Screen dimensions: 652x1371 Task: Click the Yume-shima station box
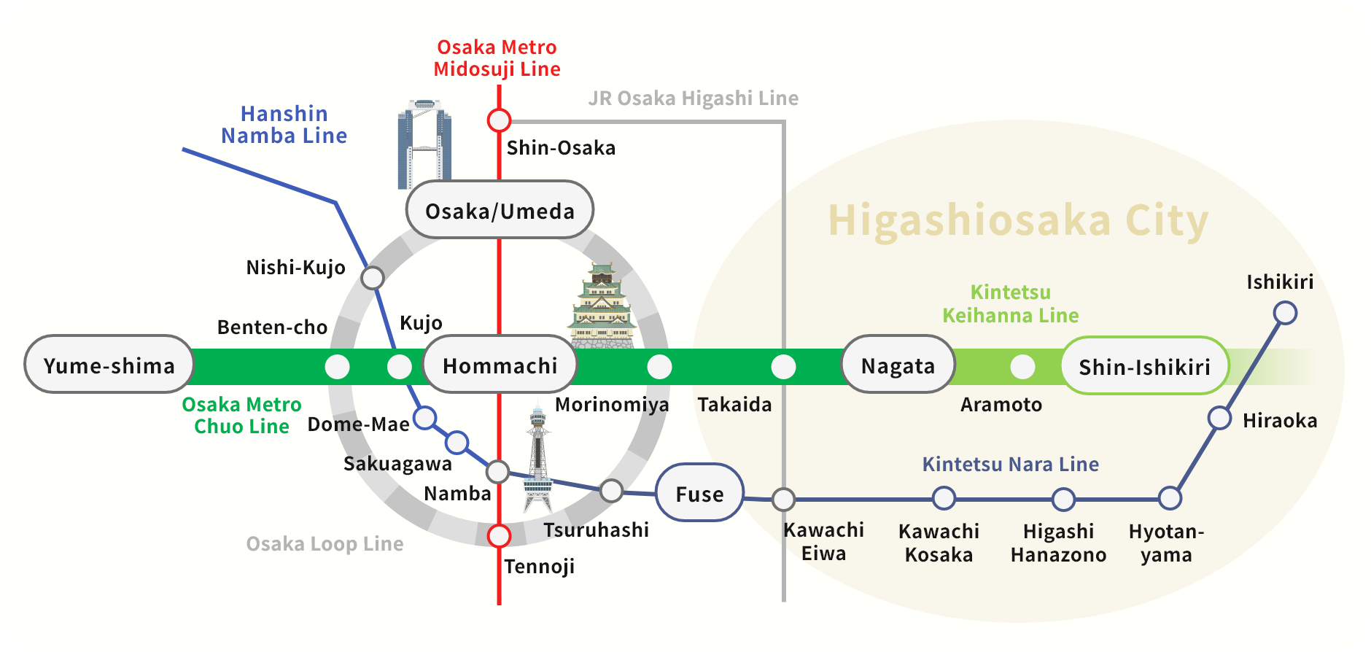[109, 365]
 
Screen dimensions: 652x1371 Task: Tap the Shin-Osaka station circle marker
[499, 120]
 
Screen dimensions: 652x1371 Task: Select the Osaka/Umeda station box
[500, 210]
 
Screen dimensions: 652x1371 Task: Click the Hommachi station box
[500, 365]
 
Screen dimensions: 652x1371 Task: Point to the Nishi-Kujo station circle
[373, 277]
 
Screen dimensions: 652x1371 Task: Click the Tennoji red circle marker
[499, 536]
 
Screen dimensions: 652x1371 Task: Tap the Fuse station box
[699, 493]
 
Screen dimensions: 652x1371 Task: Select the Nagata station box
[898, 365]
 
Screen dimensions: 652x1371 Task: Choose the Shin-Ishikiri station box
[1144, 366]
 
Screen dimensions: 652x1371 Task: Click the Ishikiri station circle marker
[1285, 313]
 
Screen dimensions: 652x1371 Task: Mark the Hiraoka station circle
[1219, 419]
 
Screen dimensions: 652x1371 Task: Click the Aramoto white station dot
[1022, 366]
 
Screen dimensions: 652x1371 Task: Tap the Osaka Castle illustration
[602, 306]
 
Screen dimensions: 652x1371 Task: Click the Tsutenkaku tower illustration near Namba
[538, 459]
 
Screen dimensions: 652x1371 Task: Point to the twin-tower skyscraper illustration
[424, 144]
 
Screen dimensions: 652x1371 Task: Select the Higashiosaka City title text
[1018, 220]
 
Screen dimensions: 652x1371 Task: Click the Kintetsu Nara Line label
[1010, 464]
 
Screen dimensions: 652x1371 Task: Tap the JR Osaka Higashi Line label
[693, 98]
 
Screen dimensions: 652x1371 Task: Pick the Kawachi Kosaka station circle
[944, 498]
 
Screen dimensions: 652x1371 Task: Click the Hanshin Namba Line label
[284, 125]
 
